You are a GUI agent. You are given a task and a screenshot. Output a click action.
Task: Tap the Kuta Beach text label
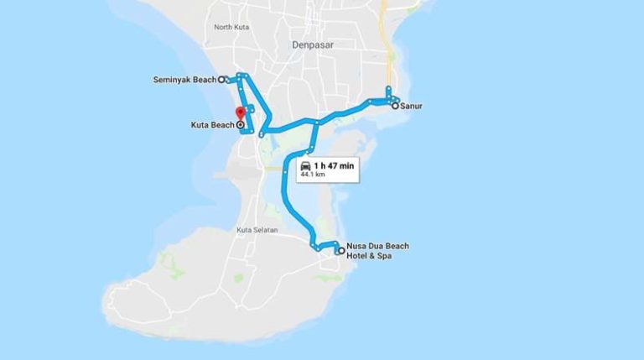212,125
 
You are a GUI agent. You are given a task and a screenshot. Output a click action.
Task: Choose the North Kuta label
233,28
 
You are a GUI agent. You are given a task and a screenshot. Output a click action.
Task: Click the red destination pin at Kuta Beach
241,113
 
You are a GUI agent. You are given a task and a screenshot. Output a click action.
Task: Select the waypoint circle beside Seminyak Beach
221,81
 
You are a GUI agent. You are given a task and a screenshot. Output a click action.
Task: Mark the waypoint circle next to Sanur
395,107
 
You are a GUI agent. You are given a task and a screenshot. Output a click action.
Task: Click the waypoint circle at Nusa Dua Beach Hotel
340,250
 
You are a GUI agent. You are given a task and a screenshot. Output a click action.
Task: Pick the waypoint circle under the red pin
241,125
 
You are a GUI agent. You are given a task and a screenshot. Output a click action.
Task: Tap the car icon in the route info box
305,166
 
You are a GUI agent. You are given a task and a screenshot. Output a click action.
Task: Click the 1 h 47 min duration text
334,166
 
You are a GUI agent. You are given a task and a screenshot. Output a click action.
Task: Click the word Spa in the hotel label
384,255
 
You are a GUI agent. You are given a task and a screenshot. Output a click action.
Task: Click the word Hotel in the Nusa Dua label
358,255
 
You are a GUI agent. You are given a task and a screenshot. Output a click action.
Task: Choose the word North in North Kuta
223,28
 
